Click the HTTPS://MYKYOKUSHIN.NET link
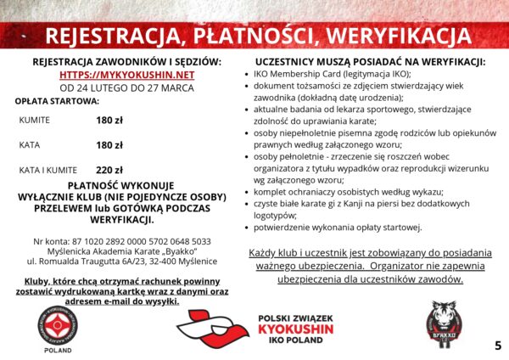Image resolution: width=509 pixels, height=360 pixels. [x=126, y=75]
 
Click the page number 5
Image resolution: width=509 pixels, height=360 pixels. [x=497, y=345]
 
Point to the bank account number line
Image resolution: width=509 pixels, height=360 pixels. [x=126, y=241]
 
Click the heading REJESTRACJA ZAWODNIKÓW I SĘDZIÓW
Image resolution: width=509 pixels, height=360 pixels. [x=126, y=62]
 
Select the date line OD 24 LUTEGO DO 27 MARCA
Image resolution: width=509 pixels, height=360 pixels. [x=126, y=87]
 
